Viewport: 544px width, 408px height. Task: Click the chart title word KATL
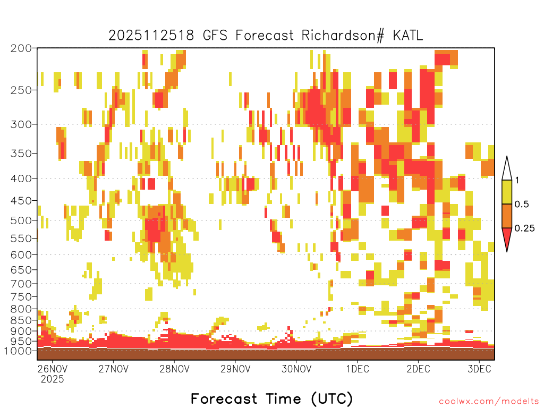click(x=407, y=36)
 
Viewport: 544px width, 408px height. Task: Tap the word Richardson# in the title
click(x=343, y=36)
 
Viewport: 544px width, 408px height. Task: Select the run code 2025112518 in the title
click(x=151, y=36)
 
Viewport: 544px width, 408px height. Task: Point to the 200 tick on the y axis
click(x=21, y=48)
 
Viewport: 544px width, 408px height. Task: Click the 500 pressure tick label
click(x=21, y=220)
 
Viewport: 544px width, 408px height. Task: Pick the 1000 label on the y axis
click(x=18, y=351)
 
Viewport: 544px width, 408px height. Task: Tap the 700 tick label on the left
click(x=21, y=284)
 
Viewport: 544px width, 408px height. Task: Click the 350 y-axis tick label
click(x=21, y=154)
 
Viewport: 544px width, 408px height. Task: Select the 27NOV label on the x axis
click(x=114, y=369)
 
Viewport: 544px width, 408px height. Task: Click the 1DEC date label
click(x=358, y=369)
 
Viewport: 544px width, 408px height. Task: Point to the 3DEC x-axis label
click(x=480, y=369)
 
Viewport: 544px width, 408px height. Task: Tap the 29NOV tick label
click(x=235, y=369)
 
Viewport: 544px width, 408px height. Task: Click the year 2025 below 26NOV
click(x=53, y=379)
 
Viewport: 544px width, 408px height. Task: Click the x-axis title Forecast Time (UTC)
click(x=271, y=398)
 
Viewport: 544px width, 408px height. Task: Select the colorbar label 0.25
click(x=524, y=228)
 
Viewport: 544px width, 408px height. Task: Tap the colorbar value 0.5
click(x=522, y=205)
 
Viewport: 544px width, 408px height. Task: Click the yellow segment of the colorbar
click(x=507, y=192)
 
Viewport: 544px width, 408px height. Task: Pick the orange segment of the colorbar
click(x=507, y=216)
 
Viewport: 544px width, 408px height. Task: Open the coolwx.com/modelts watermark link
click(x=489, y=402)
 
